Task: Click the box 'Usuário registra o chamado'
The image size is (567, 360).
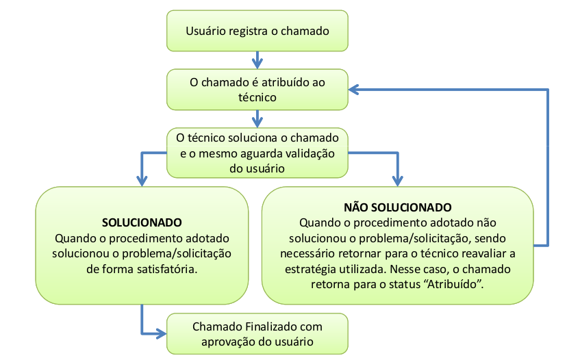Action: (x=257, y=31)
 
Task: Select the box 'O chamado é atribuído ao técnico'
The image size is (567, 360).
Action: (x=257, y=90)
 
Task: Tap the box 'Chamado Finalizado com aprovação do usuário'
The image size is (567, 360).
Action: (x=257, y=333)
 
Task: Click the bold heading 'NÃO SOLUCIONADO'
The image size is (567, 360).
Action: (x=397, y=207)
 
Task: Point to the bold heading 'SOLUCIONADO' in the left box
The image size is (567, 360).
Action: (x=142, y=222)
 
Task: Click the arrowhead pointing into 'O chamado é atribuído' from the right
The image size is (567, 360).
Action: (x=353, y=90)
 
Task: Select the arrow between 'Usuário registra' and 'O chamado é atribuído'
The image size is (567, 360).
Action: (x=257, y=60)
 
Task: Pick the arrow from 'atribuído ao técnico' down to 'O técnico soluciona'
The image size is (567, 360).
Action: (x=257, y=119)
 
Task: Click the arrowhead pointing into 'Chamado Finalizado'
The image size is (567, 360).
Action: (x=162, y=333)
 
